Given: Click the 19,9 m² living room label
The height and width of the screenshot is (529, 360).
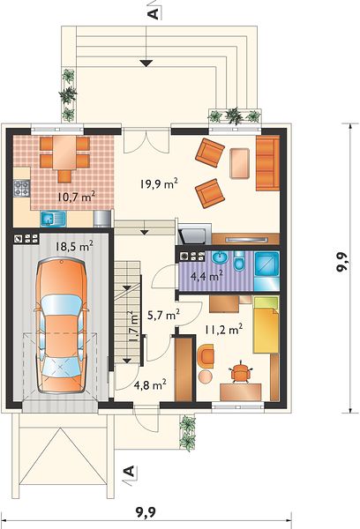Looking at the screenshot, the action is pos(159,184).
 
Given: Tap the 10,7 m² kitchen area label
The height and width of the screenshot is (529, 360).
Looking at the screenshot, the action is pos(75,197).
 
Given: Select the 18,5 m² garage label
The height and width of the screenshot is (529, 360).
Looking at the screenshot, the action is pos(74,246).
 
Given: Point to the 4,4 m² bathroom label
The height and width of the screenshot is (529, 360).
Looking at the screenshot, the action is pos(206,276).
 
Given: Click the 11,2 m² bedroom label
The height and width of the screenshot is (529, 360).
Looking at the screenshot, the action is pos(223,329).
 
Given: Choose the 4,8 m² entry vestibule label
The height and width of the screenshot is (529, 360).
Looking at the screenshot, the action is pos(150,384).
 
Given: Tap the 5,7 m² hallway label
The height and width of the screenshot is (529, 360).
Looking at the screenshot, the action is pos(163,315).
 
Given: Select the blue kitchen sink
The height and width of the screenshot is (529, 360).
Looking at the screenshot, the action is pos(53,219).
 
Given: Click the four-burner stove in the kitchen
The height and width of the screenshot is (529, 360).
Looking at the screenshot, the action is pos(21,189).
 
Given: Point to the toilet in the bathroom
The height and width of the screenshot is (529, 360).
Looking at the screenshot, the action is pos(238,261).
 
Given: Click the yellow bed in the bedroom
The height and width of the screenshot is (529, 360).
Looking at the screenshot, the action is pos(266,324).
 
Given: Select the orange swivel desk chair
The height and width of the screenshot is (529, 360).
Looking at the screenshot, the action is pos(240,372).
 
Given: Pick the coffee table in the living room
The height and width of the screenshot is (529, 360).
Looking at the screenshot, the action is pos(239,163).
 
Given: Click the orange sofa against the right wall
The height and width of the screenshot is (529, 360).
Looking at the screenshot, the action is pos(267,163).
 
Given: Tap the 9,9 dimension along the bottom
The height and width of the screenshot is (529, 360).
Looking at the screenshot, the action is pos(146,513).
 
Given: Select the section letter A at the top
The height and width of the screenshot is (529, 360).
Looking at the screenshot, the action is pos(153,14).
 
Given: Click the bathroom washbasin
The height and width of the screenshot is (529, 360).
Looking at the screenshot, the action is pos(220,257).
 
